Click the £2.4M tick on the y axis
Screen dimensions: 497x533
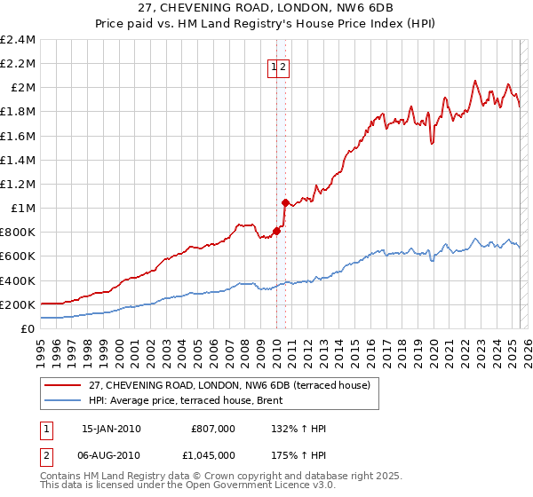pyautogui.click(x=18, y=40)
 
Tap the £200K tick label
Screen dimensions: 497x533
pyautogui.click(x=18, y=304)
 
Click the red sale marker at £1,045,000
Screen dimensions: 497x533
pyautogui.click(x=285, y=202)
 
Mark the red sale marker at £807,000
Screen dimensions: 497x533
pyautogui.click(x=276, y=231)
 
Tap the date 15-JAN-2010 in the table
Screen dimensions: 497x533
pyautogui.click(x=111, y=429)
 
